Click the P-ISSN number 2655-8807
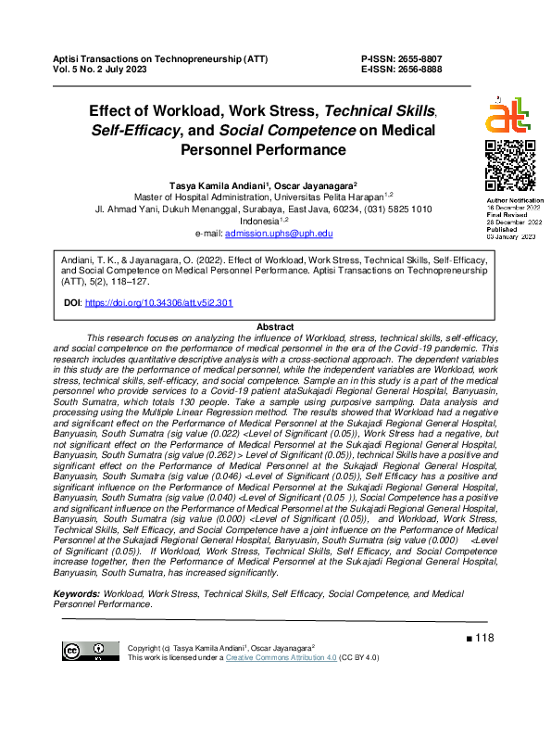coord(420,58)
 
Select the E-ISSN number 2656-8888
coord(420,70)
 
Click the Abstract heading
coord(274,328)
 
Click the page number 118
coord(485,638)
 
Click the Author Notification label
coord(515,200)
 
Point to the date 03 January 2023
coord(511,238)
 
